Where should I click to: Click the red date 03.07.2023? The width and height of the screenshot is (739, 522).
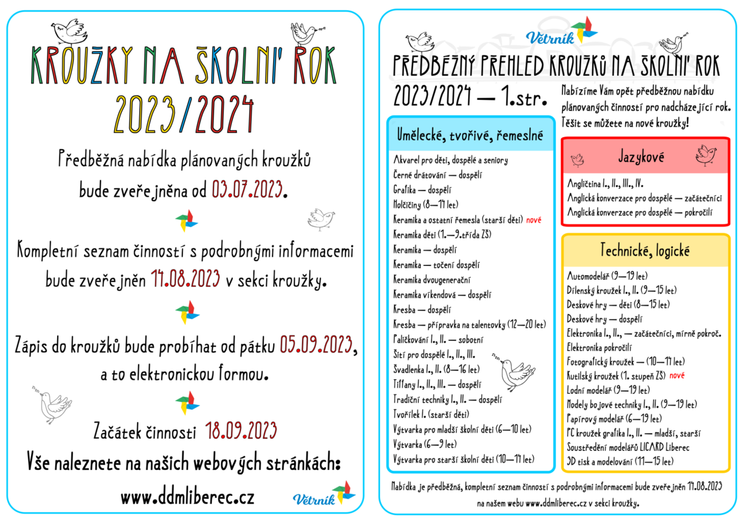point(248,190)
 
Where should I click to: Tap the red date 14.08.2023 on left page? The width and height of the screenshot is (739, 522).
point(185,279)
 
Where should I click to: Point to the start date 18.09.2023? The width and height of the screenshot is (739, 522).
point(241,431)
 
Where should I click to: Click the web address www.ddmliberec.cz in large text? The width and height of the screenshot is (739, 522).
point(187,497)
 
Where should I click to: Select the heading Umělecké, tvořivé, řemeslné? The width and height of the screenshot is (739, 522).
point(469,134)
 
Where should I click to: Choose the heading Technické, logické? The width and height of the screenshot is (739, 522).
point(644,251)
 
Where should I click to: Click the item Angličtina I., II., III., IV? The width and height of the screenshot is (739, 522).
point(606,184)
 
